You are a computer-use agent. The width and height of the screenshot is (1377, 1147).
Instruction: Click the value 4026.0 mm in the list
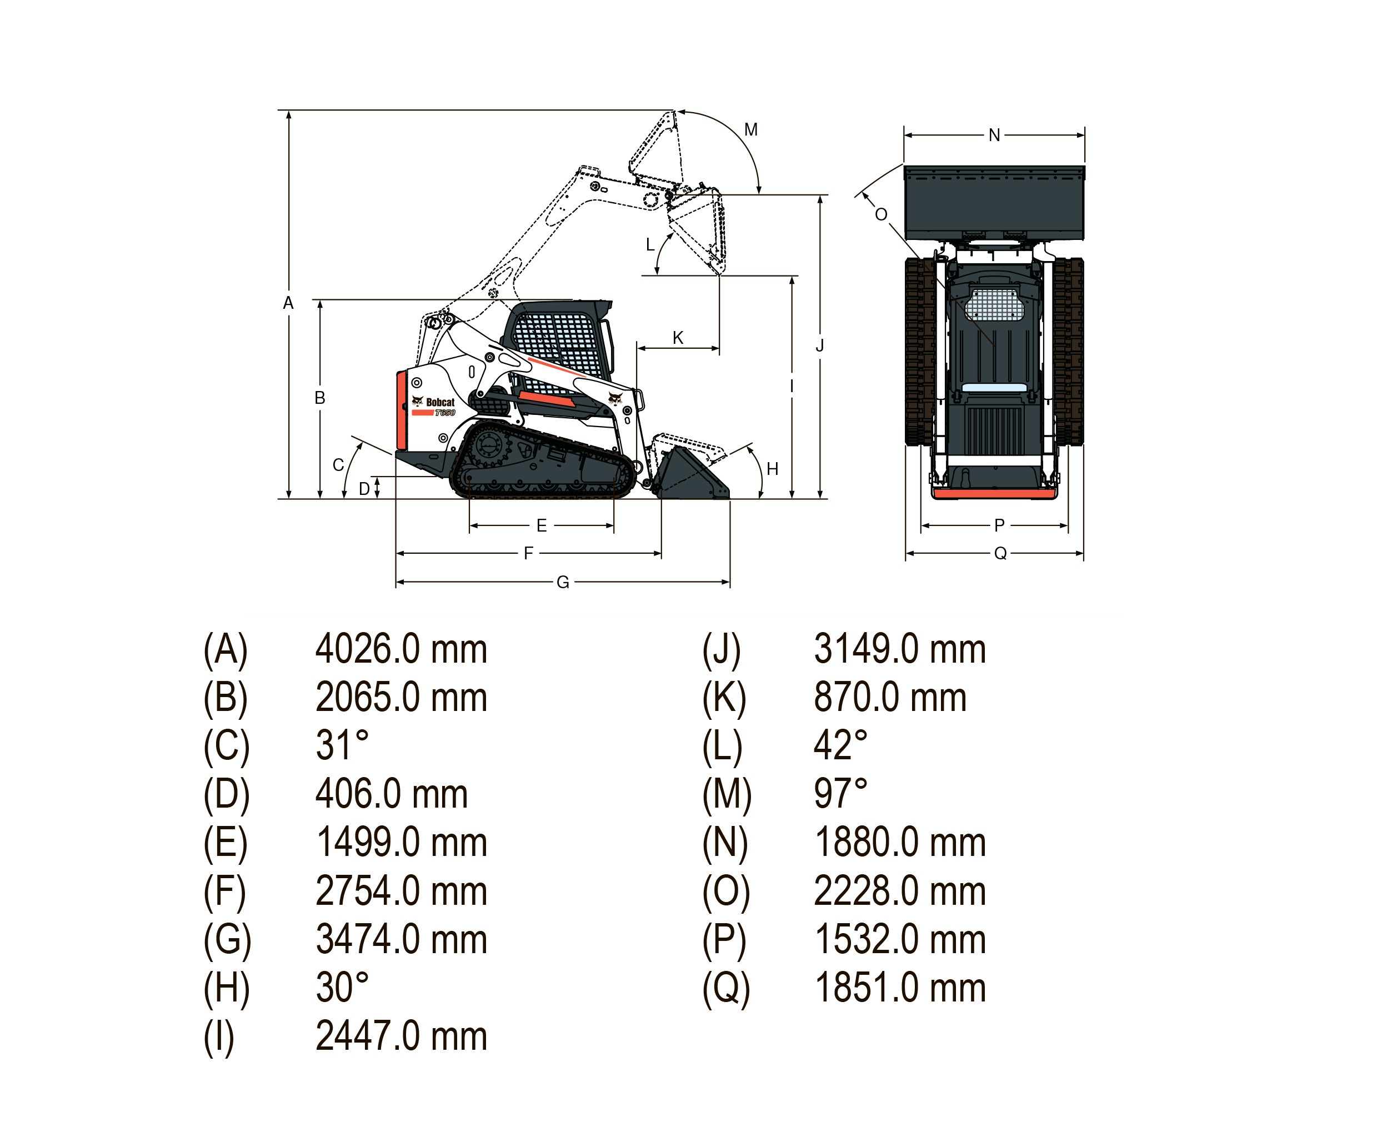coord(401,649)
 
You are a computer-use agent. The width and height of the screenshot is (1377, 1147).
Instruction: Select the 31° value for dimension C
coord(342,745)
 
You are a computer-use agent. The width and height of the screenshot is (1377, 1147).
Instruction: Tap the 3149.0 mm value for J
coord(900,649)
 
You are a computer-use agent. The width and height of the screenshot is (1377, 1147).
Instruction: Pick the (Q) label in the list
coord(725,988)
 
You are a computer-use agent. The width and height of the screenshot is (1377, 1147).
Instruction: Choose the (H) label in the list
coord(226,988)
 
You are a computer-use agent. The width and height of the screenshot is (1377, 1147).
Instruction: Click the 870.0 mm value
coord(890,697)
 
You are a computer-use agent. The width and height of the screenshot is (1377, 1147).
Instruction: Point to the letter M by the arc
coord(751,130)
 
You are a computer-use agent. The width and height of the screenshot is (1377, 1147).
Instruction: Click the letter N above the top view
coord(994,135)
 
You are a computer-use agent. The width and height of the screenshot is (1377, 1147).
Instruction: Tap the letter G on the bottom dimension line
coord(563,582)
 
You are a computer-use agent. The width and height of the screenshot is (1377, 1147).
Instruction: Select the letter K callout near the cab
coord(678,338)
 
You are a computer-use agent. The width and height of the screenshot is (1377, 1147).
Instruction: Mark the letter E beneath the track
coord(542,525)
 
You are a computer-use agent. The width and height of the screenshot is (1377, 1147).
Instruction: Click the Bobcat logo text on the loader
coord(439,402)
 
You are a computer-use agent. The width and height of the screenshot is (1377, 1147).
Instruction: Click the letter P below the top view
coord(999,525)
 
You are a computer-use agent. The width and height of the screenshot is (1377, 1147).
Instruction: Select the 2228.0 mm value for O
coord(900,891)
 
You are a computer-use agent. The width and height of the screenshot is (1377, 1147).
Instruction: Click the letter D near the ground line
coord(364,489)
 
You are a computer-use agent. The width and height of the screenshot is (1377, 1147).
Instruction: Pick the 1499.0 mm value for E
coord(401,843)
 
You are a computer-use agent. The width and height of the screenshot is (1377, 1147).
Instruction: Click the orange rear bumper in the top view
coord(995,493)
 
